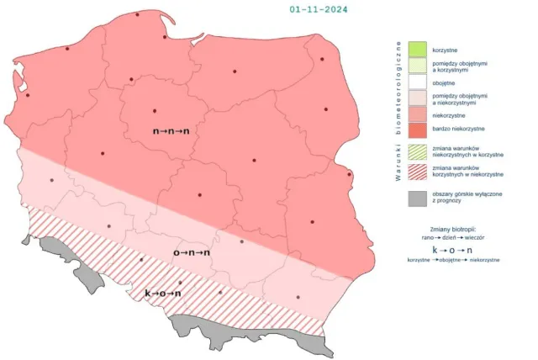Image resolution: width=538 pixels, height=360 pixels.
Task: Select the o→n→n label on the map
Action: point(192,251)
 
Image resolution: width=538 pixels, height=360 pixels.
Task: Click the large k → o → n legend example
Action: point(453,251)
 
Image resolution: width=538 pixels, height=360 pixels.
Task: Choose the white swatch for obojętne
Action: point(418,82)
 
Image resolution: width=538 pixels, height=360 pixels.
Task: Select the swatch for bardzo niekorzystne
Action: point(418,130)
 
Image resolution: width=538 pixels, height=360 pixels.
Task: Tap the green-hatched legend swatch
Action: point(418,151)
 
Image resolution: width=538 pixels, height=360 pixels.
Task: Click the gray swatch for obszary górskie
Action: point(418,199)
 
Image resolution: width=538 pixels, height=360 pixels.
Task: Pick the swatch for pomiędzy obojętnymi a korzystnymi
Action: point(418,66)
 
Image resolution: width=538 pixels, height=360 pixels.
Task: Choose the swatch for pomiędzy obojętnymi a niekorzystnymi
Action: point(418,98)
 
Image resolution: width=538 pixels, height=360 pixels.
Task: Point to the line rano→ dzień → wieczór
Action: point(453,238)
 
